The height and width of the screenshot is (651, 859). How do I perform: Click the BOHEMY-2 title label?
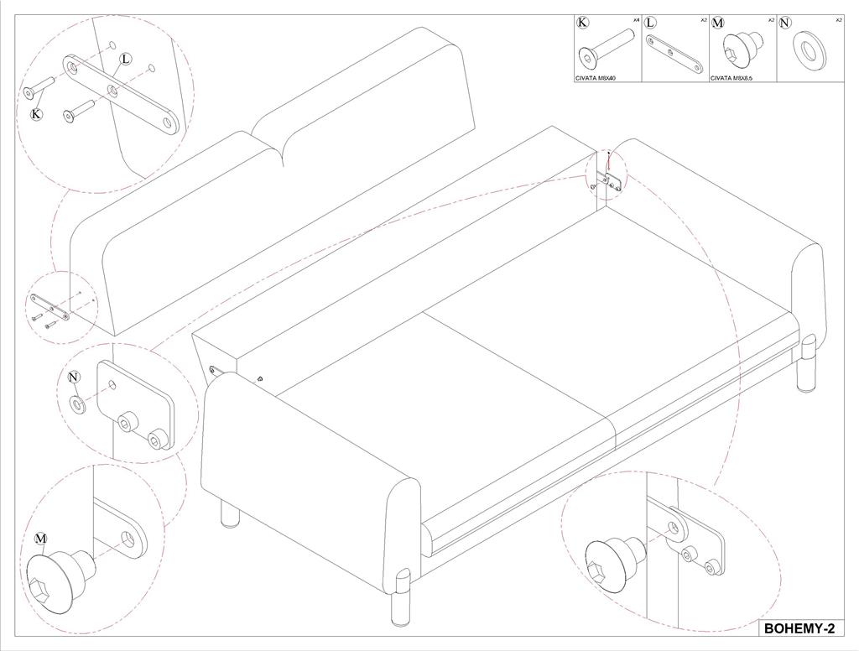(799, 628)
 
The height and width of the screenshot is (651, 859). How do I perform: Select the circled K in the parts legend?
(582, 23)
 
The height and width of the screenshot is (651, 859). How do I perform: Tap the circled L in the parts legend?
(650, 23)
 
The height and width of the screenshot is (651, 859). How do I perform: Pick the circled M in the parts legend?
(718, 23)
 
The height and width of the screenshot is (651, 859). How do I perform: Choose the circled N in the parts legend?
(785, 23)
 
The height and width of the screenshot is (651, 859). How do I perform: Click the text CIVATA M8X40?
(596, 78)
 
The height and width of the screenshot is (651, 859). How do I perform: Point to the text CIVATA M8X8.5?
(731, 78)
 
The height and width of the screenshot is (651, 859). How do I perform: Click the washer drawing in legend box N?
(810, 51)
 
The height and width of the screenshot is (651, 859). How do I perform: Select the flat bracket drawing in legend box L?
(674, 54)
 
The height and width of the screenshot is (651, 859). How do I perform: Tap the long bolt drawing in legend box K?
(607, 48)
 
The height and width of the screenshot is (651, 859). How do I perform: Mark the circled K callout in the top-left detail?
(36, 114)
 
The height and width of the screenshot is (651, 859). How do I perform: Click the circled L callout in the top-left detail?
(126, 59)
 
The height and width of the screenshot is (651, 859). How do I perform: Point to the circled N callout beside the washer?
(74, 377)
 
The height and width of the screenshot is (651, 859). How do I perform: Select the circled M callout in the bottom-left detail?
(41, 538)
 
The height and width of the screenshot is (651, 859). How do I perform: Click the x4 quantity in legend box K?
(636, 20)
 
